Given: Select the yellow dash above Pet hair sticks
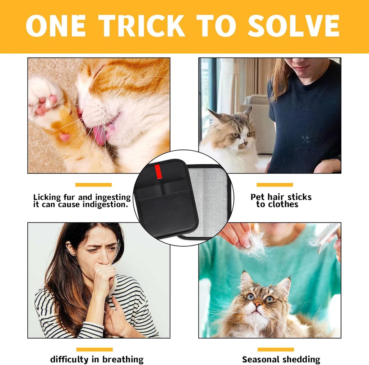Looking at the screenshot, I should [x=275, y=185].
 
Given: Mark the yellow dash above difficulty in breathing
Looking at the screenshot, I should [x=94, y=349].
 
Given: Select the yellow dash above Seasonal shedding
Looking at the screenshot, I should [x=276, y=349].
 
